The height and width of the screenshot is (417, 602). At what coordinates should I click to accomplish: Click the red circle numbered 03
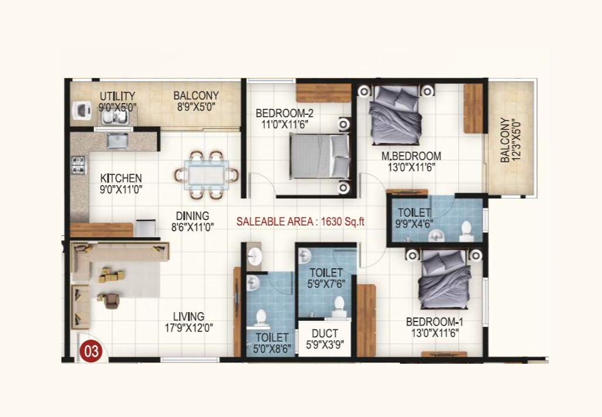tap(92, 351)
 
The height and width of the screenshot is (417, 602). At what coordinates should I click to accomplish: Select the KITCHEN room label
tap(121, 178)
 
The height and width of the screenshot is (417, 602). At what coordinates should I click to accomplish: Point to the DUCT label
tap(324, 334)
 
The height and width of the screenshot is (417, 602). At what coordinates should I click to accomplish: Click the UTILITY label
tap(117, 96)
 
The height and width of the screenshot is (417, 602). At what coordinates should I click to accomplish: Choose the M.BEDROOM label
tap(411, 156)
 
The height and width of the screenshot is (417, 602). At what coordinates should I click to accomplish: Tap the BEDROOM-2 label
tap(281, 113)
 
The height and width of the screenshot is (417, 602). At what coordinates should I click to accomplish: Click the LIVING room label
tap(188, 317)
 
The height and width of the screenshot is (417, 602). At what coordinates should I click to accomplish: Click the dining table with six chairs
tap(206, 174)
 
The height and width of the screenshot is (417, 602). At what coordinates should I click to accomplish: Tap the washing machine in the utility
tap(80, 111)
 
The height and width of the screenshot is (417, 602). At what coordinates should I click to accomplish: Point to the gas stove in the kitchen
tap(78, 165)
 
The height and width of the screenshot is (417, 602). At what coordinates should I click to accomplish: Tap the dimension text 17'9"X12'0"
tap(188, 329)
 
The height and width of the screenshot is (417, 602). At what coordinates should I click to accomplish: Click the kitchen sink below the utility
tap(118, 141)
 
